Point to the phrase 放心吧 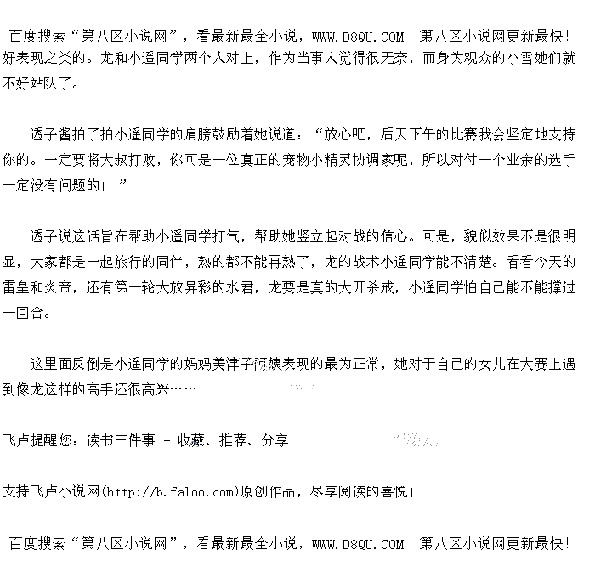346,134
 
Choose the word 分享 275,440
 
